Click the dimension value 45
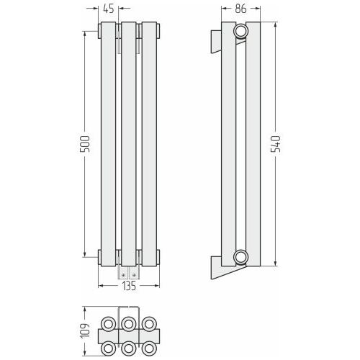tap(109, 9)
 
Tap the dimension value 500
tap(85, 144)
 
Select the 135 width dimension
tap(129, 286)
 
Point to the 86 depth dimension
tap(240, 9)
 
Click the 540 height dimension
tap(276, 144)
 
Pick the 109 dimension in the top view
tap(85, 331)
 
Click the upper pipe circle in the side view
tap(240, 31)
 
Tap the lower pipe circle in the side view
tap(240, 257)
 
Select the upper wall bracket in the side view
tap(216, 41)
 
